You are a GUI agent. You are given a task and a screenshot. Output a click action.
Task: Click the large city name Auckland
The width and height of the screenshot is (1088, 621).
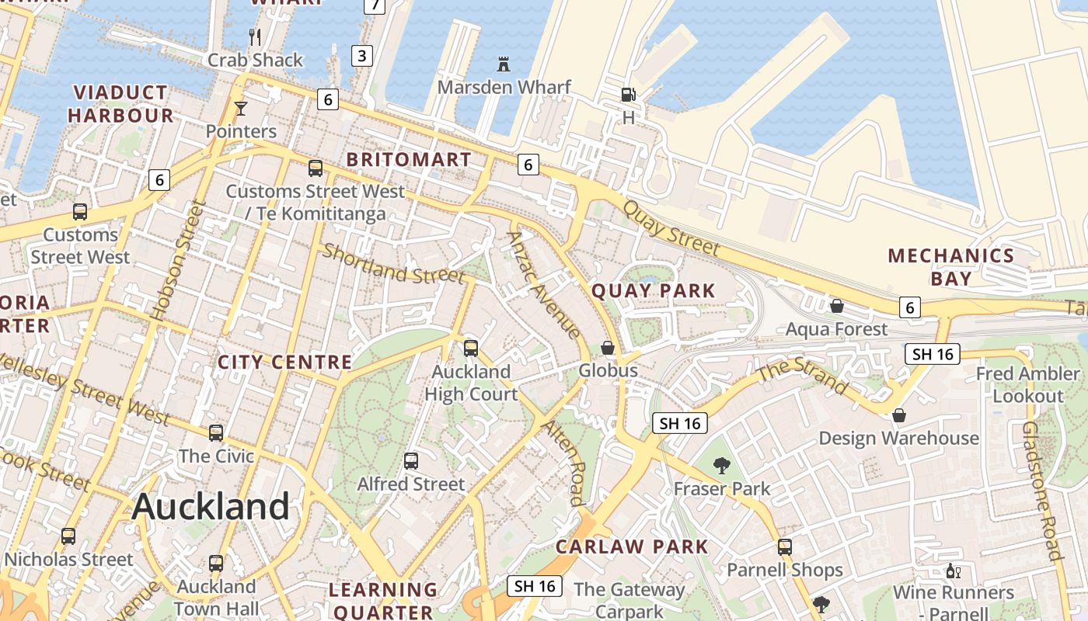211,507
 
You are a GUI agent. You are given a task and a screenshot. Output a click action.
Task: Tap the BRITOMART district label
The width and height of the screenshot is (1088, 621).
409,160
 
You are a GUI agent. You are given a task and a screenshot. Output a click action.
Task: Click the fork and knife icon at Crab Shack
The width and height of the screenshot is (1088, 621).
255,36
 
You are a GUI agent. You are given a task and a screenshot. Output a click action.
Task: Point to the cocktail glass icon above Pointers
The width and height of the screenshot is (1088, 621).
241,109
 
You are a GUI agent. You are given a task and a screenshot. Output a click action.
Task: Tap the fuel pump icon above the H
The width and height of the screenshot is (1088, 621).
628,95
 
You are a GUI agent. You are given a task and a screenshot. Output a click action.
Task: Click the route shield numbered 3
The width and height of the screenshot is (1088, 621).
362,55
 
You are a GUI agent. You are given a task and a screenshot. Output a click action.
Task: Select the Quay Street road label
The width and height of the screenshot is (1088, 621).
671,228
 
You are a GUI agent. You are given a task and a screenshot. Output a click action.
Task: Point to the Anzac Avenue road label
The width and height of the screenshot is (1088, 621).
543,285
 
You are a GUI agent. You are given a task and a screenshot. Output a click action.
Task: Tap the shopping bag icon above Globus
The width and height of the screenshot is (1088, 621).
608,348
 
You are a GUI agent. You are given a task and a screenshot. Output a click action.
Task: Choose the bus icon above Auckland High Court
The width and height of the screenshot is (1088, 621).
471,348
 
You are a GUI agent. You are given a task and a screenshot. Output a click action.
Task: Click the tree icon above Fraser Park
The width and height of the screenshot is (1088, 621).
722,466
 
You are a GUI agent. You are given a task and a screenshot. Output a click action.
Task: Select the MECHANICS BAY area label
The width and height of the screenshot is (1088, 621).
951,267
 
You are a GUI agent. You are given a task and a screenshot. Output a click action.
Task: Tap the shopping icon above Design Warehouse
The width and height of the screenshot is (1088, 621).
899,415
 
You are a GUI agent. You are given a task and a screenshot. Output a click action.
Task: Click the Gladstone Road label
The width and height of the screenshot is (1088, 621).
1042,491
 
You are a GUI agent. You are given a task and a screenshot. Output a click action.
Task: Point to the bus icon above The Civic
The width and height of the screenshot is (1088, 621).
216,432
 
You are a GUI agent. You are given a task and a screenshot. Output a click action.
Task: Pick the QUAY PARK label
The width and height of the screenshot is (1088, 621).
654,291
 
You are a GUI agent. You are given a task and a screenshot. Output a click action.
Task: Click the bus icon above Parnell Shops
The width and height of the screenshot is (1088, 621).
785,546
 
